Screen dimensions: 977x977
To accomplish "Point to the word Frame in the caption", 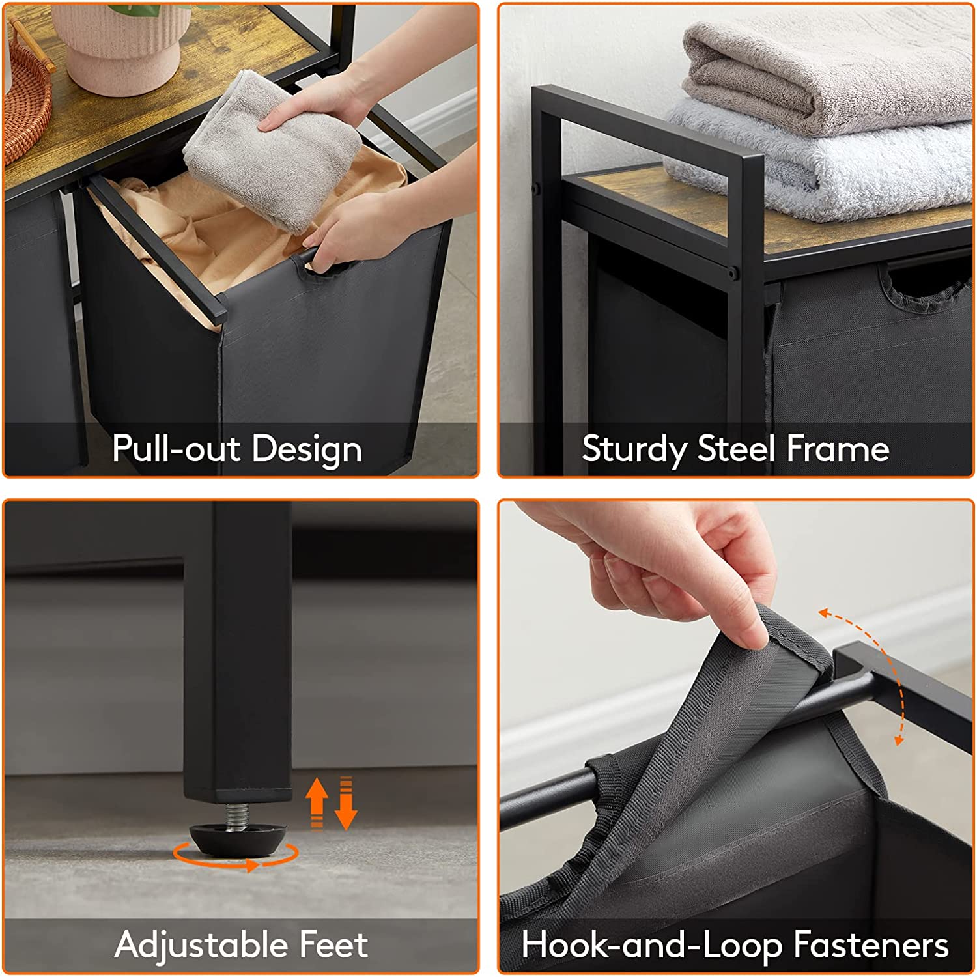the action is [838, 449].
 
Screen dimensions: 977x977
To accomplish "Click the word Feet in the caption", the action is [333, 945].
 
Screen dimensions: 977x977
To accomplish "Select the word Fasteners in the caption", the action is [870, 945].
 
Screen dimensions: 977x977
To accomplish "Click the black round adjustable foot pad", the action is [238, 840].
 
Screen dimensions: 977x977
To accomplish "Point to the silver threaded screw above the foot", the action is [238, 815].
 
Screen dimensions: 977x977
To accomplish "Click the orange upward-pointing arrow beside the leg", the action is [317, 803].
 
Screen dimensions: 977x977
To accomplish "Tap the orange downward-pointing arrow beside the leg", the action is [346, 803].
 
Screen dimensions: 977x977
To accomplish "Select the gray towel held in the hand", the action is [274, 150].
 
